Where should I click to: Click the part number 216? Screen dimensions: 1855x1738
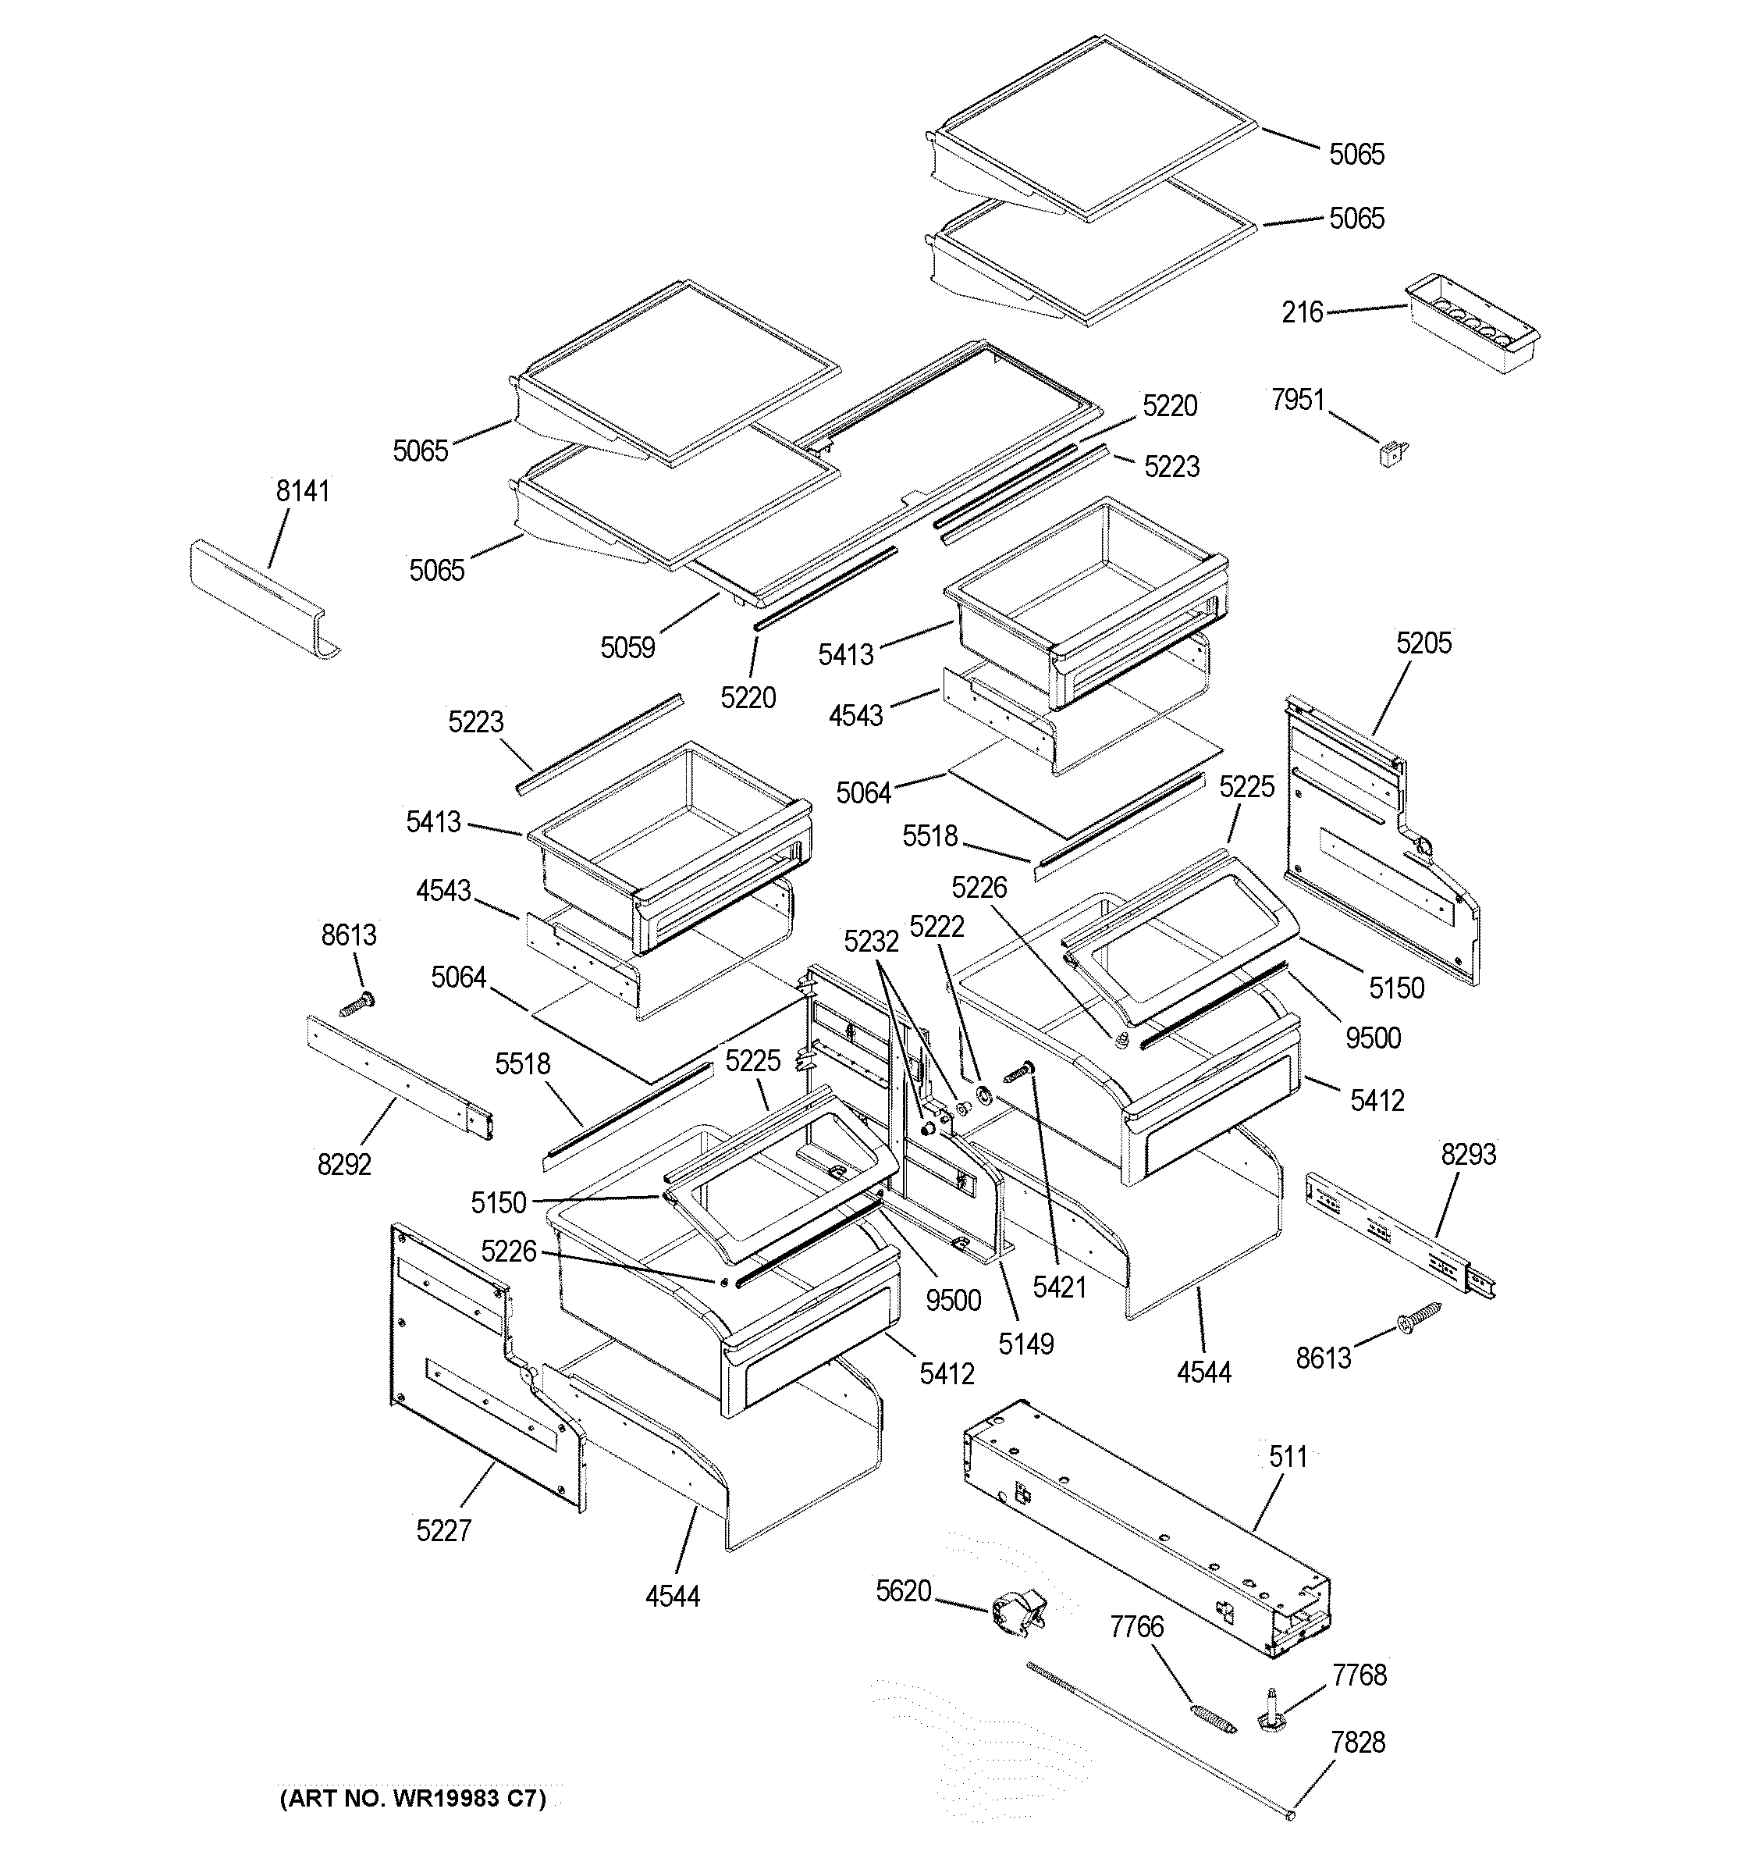click(1302, 312)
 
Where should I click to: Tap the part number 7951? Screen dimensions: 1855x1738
click(1298, 401)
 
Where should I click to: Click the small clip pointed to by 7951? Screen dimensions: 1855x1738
click(1393, 454)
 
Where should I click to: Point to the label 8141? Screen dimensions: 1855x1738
click(302, 491)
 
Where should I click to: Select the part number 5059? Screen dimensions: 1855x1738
click(627, 647)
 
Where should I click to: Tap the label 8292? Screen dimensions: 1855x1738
click(344, 1165)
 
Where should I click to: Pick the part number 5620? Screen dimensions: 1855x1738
click(903, 1591)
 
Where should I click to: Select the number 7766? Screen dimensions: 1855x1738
click(1136, 1627)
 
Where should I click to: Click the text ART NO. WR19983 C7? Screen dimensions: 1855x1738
click(412, 1798)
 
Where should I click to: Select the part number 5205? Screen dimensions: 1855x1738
click(1423, 643)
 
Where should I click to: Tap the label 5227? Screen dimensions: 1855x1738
click(443, 1530)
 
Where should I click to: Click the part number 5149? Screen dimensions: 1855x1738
click(1025, 1344)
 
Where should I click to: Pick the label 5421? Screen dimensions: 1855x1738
click(1060, 1287)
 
